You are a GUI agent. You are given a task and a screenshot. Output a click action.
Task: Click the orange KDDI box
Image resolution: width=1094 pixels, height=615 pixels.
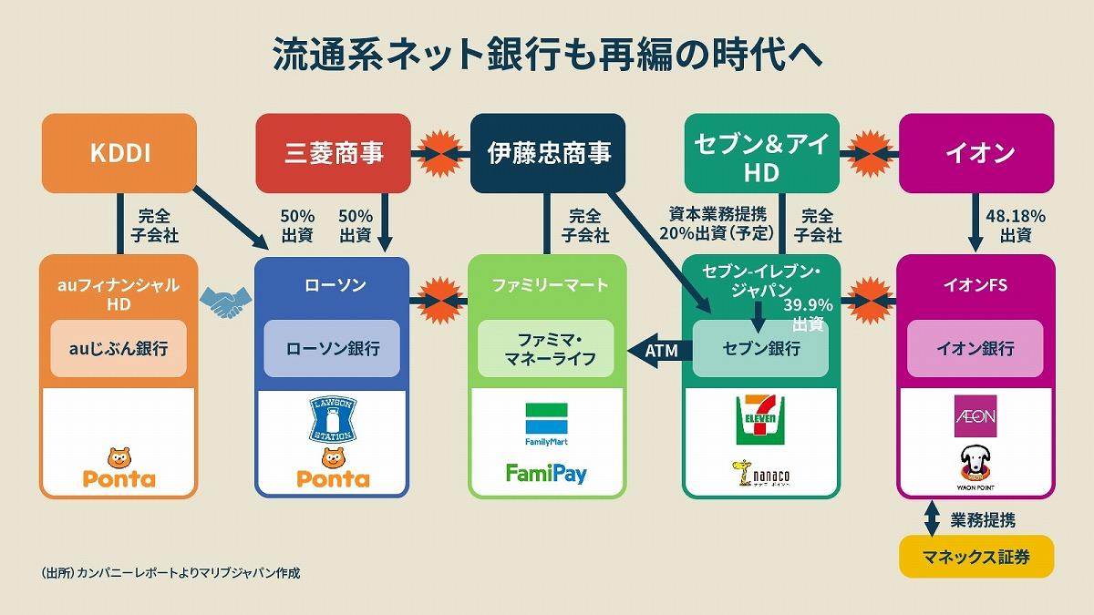[x=119, y=153]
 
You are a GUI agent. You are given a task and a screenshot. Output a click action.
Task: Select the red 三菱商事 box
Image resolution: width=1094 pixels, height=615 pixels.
[x=334, y=153]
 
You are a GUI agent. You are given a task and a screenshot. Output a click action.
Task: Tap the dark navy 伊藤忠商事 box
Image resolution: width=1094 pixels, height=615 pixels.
[x=548, y=153]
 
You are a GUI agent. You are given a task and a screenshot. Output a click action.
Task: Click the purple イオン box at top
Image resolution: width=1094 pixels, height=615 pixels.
[x=976, y=153]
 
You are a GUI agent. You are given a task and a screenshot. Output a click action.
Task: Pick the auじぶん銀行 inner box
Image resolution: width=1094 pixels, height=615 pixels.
[x=119, y=348]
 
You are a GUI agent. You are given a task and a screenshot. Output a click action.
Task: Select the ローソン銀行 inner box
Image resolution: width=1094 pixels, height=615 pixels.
[x=333, y=348]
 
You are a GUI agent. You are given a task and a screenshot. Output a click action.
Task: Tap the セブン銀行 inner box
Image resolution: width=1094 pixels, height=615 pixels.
[x=761, y=348]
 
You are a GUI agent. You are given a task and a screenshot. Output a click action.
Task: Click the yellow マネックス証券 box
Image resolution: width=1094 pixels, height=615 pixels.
[x=976, y=557]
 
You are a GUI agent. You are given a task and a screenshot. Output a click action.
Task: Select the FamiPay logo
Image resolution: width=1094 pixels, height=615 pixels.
[x=546, y=473]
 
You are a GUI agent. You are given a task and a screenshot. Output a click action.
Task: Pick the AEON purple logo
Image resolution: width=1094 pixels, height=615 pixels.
[x=975, y=416]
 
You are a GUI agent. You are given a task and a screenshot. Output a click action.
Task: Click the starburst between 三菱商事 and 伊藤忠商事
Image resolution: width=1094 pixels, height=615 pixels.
[x=440, y=153]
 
